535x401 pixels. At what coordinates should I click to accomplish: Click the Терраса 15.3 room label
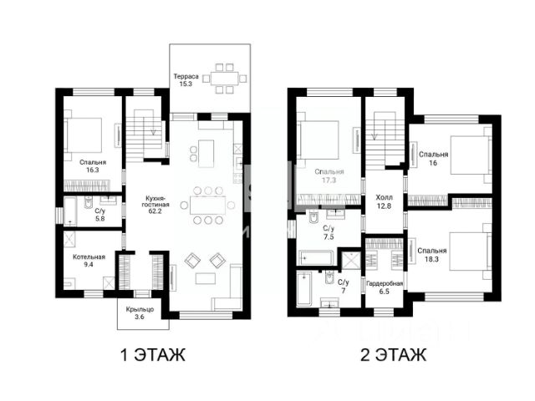(186, 80)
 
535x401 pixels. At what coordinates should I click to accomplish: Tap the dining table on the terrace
(224, 79)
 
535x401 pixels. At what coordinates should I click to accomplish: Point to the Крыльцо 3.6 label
(140, 313)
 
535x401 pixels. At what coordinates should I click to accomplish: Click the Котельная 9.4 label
(89, 261)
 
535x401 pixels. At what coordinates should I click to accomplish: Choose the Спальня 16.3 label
(93, 166)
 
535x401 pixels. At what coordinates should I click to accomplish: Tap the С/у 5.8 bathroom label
(100, 215)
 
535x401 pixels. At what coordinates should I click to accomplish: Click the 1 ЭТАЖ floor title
(153, 355)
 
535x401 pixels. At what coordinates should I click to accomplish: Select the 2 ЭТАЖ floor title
(394, 355)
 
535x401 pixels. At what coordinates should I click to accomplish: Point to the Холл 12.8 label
(385, 201)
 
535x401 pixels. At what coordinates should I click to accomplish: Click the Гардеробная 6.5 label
(385, 287)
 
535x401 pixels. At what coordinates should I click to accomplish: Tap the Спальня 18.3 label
(432, 255)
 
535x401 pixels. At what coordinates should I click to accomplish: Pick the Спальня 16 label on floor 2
(433, 159)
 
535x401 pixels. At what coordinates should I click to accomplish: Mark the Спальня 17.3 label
(329, 176)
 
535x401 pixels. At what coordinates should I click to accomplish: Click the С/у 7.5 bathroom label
(329, 232)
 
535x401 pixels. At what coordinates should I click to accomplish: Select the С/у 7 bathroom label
(344, 287)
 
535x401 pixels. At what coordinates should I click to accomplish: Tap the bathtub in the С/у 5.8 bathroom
(70, 211)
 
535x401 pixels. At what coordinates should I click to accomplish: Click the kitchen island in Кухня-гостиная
(206, 154)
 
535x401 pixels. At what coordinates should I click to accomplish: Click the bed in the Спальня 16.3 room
(84, 135)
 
